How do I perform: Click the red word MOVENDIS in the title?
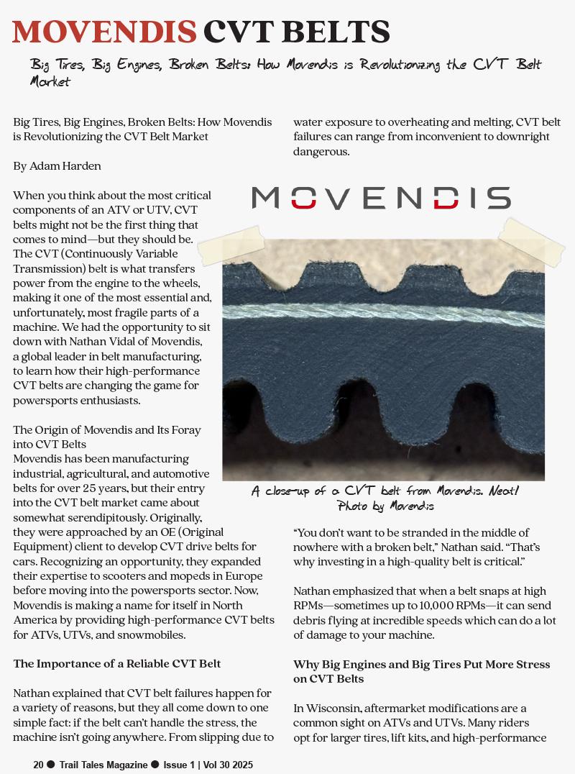coord(104,32)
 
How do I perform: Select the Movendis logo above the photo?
coord(381,198)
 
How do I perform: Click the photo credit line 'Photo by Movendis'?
coord(385,506)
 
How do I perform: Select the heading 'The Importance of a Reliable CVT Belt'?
coord(117,664)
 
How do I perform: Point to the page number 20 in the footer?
coord(38,765)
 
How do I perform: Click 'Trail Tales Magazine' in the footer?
coord(103,765)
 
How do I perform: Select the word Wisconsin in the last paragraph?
coord(335,709)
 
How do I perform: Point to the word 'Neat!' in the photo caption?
coord(503,491)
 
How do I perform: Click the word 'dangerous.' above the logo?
coord(321,151)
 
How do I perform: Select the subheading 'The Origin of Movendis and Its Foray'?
coord(107,430)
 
